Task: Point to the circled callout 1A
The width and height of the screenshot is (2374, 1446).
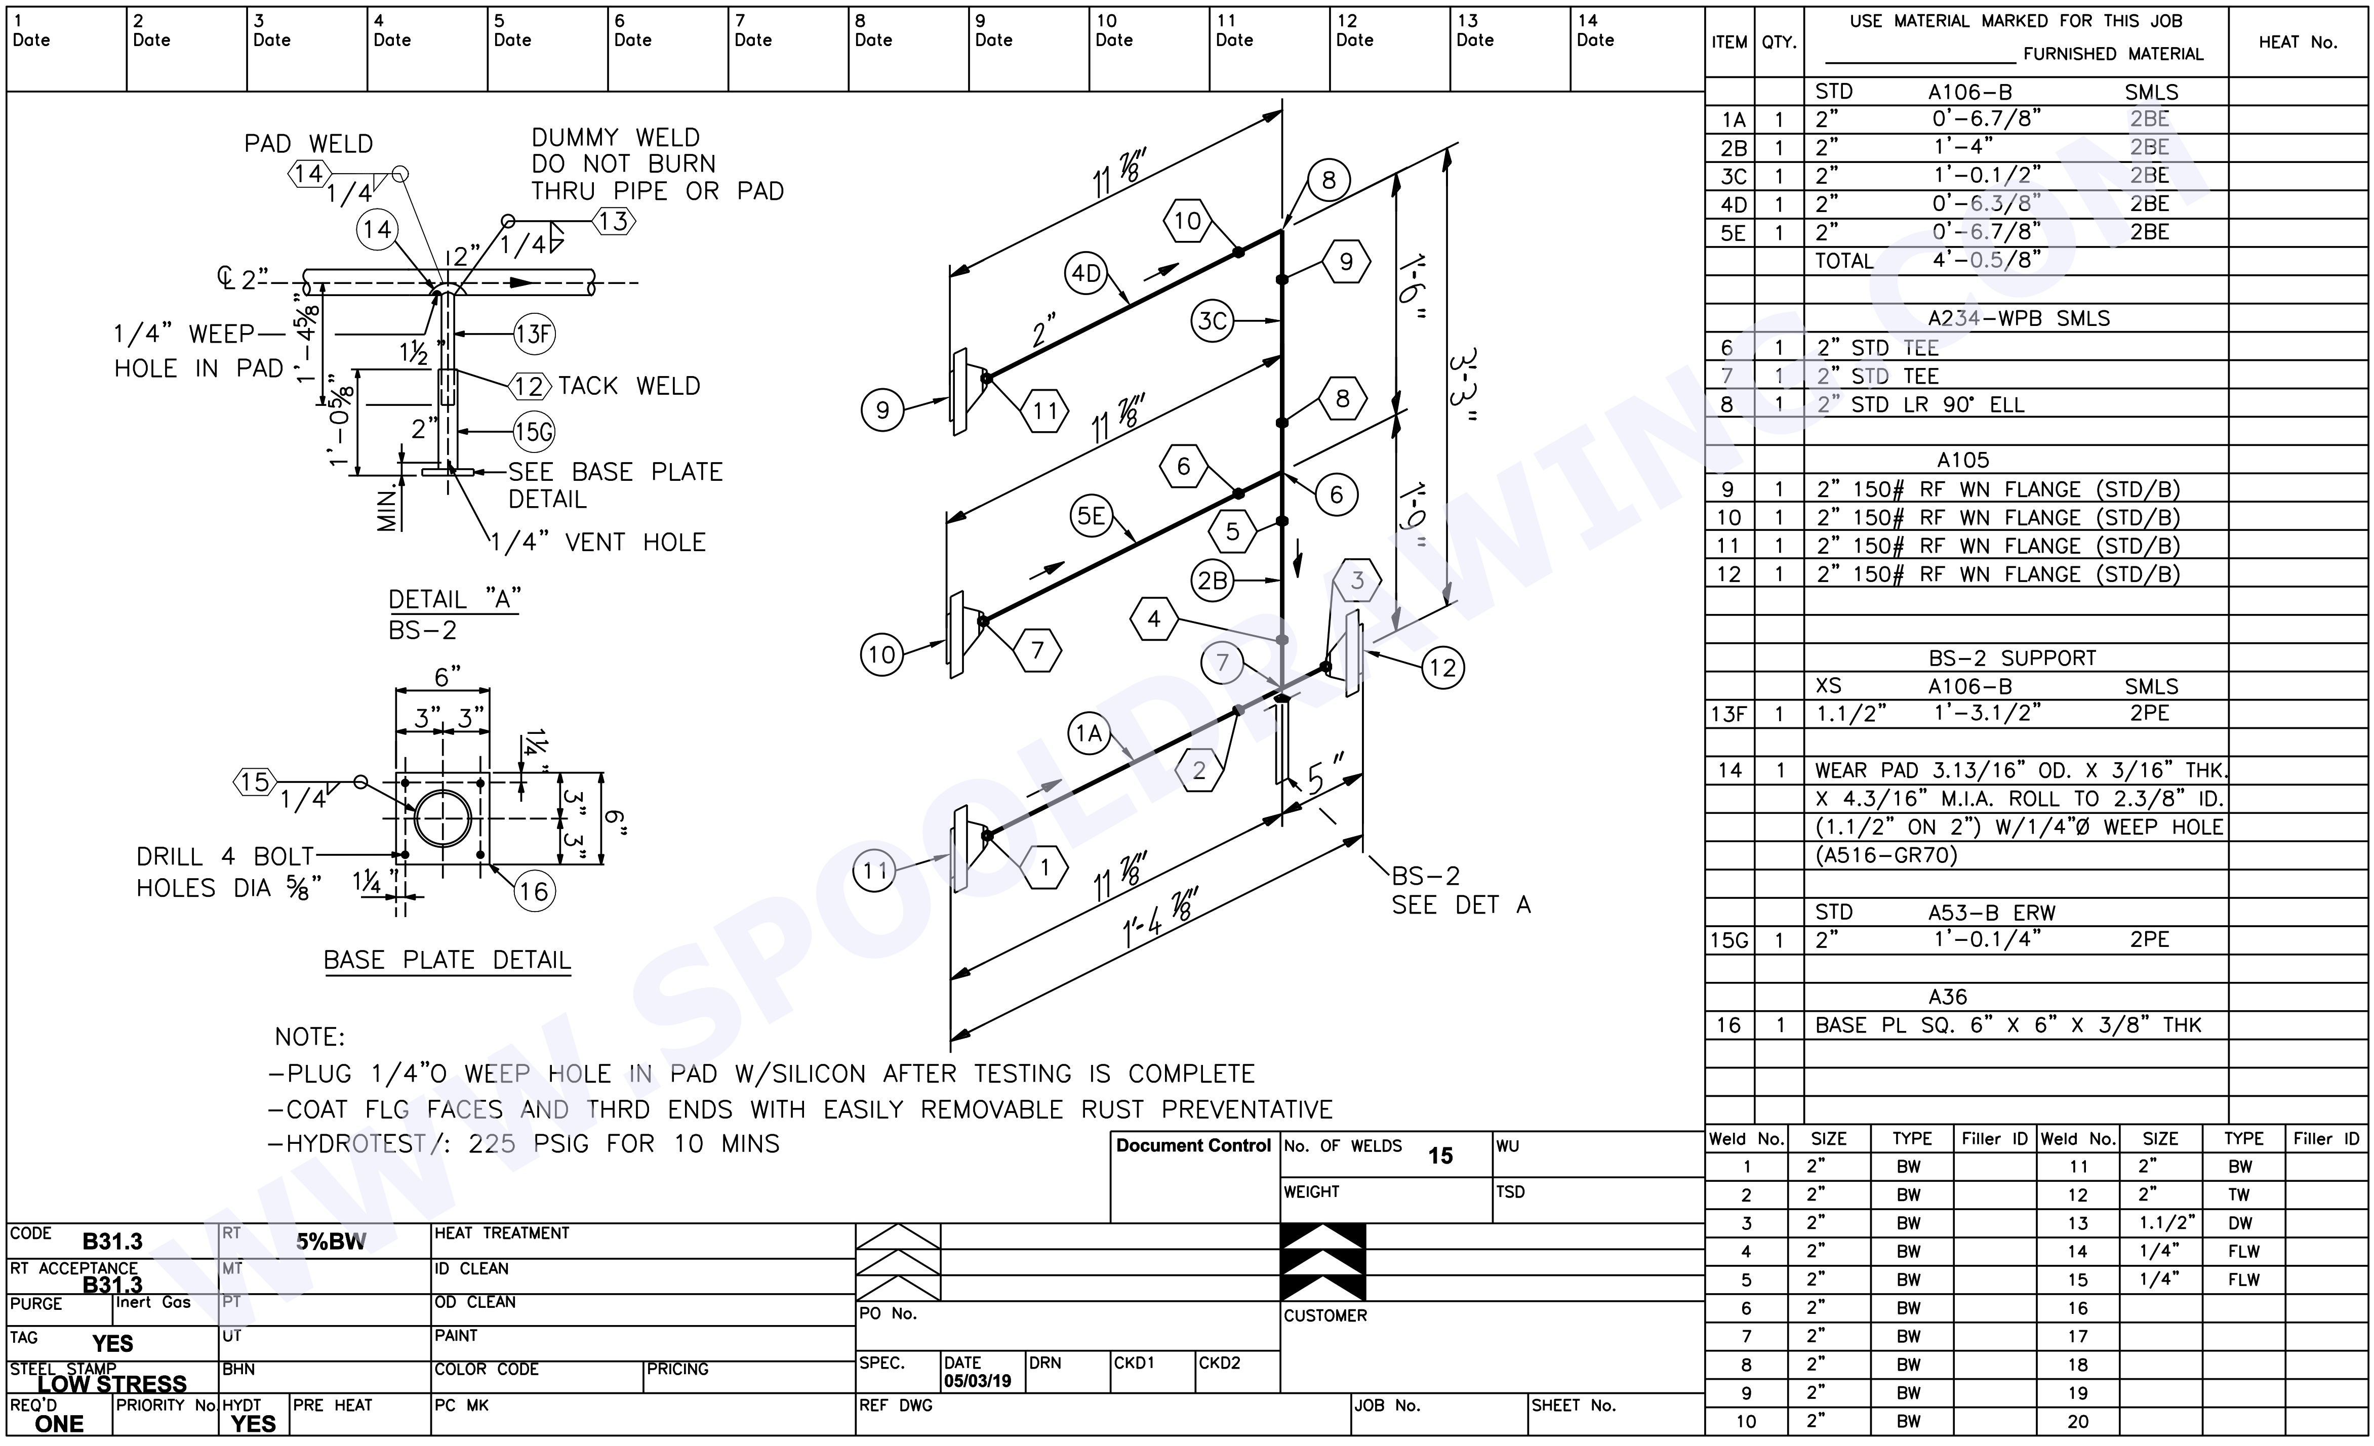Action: coord(1089,734)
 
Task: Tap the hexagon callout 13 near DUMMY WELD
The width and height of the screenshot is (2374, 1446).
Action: coord(614,222)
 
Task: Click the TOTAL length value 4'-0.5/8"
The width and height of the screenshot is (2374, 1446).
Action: coord(1987,260)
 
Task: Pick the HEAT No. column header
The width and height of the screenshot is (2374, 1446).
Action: coord(2298,43)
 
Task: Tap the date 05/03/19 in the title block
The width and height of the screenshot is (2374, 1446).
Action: coord(977,1381)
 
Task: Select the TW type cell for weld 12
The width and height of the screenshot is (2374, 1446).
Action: coord(2239,1194)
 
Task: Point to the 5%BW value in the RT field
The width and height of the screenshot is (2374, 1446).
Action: coord(331,1242)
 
